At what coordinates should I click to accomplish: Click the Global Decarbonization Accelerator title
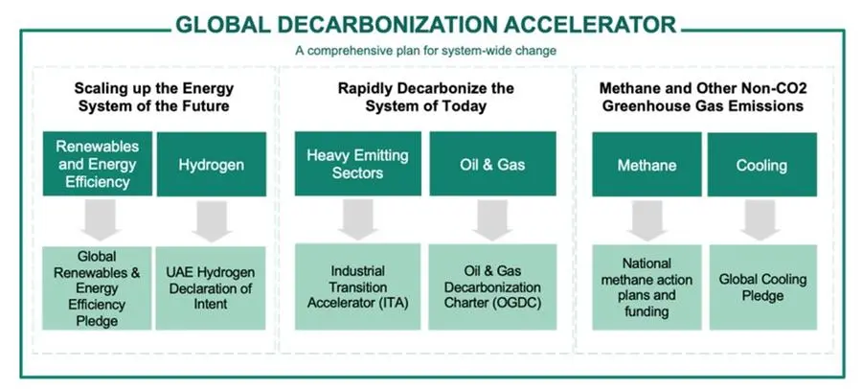coord(426,25)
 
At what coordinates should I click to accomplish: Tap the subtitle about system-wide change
coord(426,51)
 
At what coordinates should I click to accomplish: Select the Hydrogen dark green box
coord(211,165)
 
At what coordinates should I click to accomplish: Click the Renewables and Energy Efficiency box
coord(98,164)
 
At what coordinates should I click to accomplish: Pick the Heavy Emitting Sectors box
coord(358,164)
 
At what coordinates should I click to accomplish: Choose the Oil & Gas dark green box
coord(492,164)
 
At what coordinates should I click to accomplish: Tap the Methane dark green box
coord(646,165)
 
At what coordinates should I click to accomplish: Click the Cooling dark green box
coord(762,165)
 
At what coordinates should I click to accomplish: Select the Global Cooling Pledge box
coord(763,287)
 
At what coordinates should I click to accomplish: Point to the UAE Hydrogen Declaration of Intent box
coord(211,287)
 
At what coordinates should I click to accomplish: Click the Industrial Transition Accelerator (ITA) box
coord(358,286)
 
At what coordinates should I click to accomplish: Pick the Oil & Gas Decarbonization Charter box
coord(492,286)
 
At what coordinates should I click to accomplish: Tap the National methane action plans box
coord(646,287)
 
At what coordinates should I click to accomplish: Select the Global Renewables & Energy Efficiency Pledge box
coord(97,287)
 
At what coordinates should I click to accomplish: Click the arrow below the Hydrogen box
coord(212,221)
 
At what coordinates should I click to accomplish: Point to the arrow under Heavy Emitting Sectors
coord(358,219)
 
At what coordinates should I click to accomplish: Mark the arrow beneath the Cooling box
coord(760,220)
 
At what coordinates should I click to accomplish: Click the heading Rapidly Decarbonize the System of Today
coord(426,97)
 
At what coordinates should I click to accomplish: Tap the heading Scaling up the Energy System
coord(154,97)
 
